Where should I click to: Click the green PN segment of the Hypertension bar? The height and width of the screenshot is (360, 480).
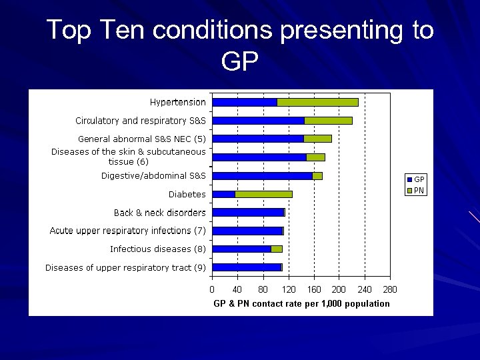tap(317, 102)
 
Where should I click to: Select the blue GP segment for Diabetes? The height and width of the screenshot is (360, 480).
tap(223, 194)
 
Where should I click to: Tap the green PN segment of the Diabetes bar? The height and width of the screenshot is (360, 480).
tap(263, 194)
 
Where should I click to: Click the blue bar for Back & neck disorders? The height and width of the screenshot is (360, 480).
tap(247, 213)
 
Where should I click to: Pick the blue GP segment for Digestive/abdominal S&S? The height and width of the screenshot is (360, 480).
tap(262, 176)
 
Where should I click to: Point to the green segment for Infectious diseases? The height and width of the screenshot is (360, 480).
tap(277, 249)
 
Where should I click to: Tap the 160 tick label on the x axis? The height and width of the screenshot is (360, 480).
tap(314, 290)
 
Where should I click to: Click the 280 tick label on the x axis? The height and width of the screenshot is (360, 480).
tap(390, 290)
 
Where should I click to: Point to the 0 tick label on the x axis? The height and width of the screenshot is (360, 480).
tap(212, 290)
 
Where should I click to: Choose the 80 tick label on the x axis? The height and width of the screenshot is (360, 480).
tap(263, 290)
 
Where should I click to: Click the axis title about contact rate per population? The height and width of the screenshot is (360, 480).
tap(301, 304)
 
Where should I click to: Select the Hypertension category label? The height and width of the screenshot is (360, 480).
tap(177, 102)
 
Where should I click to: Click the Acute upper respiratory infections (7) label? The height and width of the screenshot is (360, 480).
tap(127, 231)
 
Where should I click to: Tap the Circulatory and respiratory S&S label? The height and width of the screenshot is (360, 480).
tap(140, 121)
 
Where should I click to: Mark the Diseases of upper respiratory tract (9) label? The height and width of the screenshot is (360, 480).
tap(125, 267)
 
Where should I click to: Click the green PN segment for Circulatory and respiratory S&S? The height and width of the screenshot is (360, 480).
tap(328, 121)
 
